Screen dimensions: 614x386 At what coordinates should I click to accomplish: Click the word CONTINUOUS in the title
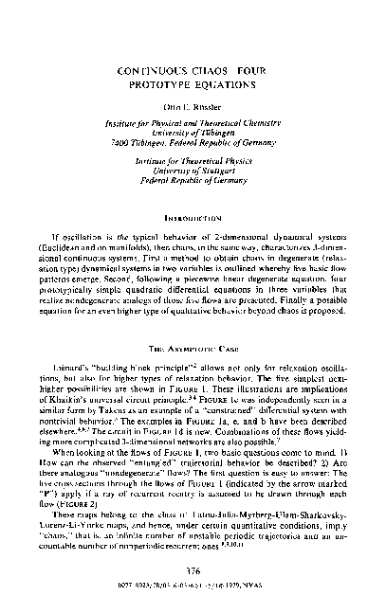(156, 70)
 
